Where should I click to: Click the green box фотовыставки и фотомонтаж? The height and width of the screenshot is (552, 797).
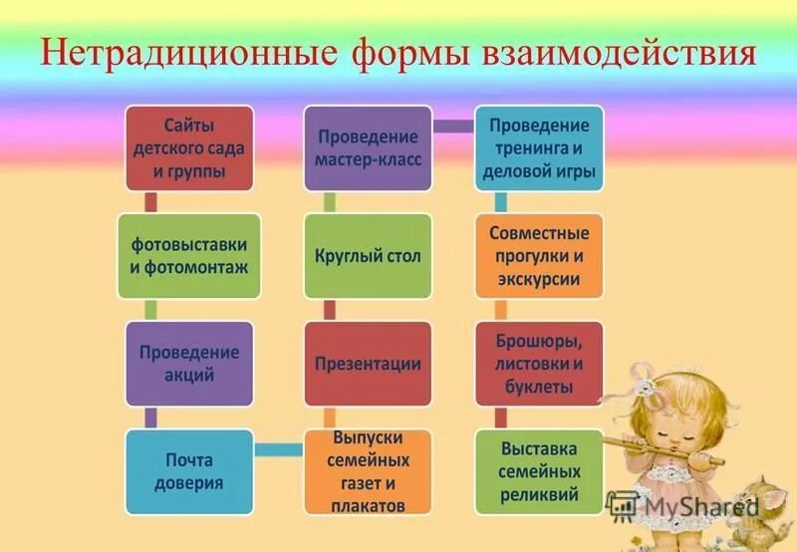(188, 255)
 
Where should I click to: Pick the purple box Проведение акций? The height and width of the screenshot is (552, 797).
(188, 364)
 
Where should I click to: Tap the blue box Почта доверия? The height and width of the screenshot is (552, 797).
(188, 471)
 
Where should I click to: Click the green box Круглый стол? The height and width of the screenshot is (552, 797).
(368, 255)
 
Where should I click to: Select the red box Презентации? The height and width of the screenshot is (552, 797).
(368, 364)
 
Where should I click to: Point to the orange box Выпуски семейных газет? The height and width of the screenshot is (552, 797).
(368, 471)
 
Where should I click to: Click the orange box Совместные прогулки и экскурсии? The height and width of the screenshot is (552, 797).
(539, 255)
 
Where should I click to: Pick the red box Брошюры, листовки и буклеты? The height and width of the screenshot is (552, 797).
(539, 364)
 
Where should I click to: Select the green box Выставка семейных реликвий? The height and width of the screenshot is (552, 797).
(539, 471)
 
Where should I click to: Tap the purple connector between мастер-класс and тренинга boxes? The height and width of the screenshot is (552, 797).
(453, 126)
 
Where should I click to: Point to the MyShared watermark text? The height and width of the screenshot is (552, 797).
(697, 505)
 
